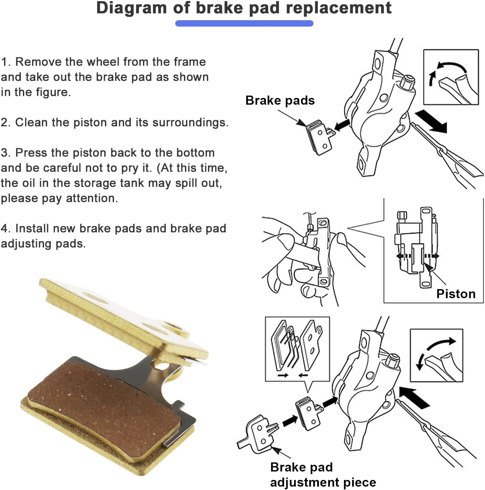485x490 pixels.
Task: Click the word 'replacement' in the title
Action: (339, 8)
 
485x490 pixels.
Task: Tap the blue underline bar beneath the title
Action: (244, 23)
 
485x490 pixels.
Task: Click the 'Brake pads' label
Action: (280, 100)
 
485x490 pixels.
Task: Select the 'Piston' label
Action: (456, 294)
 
